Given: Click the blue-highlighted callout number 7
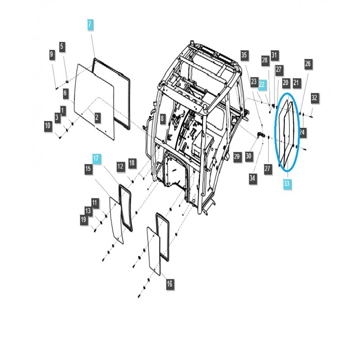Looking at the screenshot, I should point(90,25).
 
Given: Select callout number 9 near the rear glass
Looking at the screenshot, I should point(52,55).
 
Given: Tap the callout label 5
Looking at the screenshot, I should point(62,46).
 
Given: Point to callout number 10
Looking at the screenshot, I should point(48,126).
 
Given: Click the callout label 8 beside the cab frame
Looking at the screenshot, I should point(162,119).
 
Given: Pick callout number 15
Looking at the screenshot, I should point(88,168).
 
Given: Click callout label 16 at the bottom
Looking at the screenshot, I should point(169,284).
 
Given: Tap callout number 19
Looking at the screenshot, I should point(84,219).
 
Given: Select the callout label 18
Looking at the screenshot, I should point(131,162).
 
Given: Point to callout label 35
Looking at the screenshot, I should point(244,55).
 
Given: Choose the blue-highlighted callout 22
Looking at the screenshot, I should point(262,83).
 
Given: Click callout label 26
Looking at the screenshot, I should point(308,64).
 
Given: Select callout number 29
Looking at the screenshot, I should point(237,156).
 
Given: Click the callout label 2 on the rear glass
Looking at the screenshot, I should point(98,118).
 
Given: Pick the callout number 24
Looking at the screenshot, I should point(302,132).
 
